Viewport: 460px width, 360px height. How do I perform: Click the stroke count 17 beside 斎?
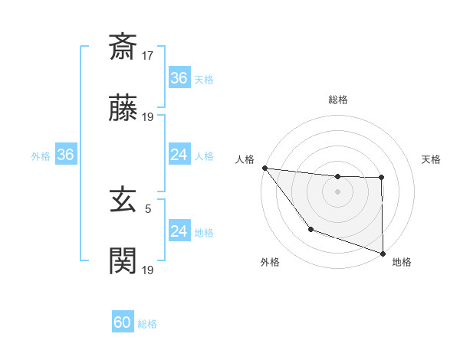pyautogui.click(x=148, y=55)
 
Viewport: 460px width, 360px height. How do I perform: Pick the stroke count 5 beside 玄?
pyautogui.click(x=148, y=208)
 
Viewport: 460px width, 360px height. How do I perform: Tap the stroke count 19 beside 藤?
pyautogui.click(x=148, y=117)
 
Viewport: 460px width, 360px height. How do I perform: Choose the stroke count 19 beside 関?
pyautogui.click(x=148, y=270)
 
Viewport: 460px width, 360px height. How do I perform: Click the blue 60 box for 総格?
pyautogui.click(x=123, y=322)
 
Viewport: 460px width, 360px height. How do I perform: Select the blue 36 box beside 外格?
pyautogui.click(x=65, y=155)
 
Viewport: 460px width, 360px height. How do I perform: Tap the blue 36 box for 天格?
pyautogui.click(x=179, y=78)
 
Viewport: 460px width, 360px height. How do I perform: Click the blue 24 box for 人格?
pyautogui.click(x=179, y=155)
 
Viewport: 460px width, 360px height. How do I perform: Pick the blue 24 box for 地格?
pyautogui.click(x=179, y=231)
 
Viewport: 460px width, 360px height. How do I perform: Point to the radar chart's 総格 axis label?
pyautogui.click(x=338, y=100)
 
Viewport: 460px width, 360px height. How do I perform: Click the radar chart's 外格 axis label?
pyautogui.click(x=270, y=263)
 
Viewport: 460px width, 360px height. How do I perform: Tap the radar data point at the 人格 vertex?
pyautogui.click(x=264, y=168)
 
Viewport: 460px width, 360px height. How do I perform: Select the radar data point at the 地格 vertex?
pyautogui.click(x=383, y=253)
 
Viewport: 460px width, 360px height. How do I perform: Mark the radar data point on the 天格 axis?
pyautogui.click(x=382, y=178)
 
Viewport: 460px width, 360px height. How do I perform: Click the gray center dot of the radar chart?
pyautogui.click(x=338, y=191)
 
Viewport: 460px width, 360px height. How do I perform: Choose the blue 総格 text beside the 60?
pyautogui.click(x=147, y=324)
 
